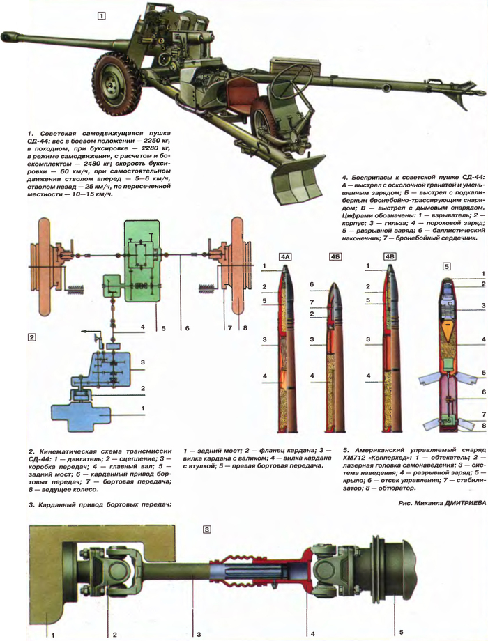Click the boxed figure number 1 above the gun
(x=102, y=15)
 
